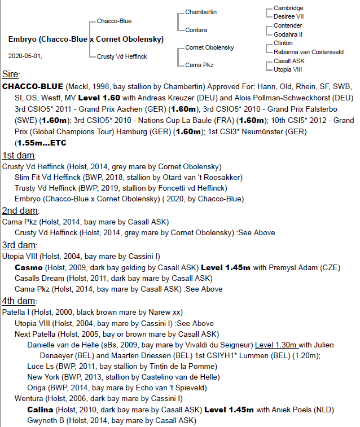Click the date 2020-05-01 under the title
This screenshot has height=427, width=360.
pyautogui.click(x=25, y=56)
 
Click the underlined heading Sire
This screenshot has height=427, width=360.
pyautogui.click(x=10, y=74)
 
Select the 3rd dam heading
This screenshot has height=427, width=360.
pyautogui.click(x=19, y=245)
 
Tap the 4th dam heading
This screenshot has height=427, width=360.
pyautogui.click(x=19, y=301)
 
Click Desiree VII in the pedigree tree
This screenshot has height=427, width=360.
pyautogui.click(x=289, y=17)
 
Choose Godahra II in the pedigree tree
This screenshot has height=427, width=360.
pyautogui.click(x=288, y=34)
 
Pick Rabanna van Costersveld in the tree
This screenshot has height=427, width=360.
pyautogui.click(x=308, y=52)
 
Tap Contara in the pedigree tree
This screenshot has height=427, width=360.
pyautogui.click(x=196, y=30)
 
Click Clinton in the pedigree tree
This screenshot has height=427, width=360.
pyautogui.click(x=283, y=43)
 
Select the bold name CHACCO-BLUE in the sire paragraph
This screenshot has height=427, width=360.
pyautogui.click(x=33, y=87)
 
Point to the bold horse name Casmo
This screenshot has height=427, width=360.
pyautogui.click(x=28, y=267)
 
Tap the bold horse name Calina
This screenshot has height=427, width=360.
pyautogui.click(x=41, y=410)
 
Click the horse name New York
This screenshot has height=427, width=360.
pyautogui.click(x=43, y=377)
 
